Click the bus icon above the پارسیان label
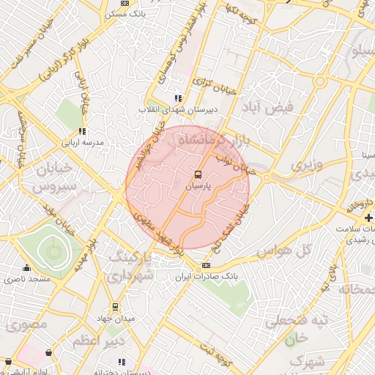coord(197,174)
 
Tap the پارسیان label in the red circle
coord(197,187)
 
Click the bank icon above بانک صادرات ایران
coord(206,265)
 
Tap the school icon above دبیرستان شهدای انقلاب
coord(177,97)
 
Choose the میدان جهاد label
coord(114,319)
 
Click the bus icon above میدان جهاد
coord(115,307)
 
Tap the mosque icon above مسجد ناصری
coord(28,267)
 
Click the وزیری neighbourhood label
coord(306,166)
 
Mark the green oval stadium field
coord(53,251)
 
